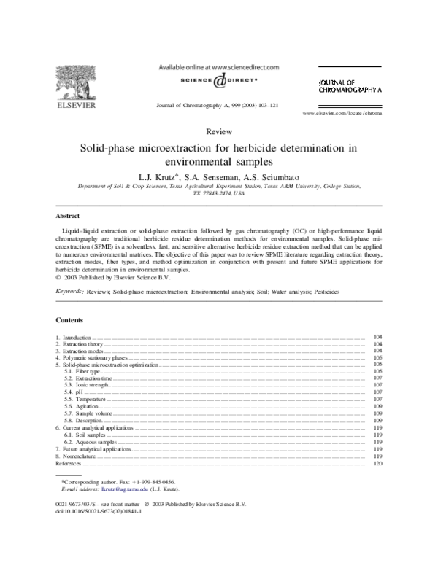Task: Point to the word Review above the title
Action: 218,131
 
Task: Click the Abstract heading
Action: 68,217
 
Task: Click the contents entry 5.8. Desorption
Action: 78,421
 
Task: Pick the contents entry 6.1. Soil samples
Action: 80,435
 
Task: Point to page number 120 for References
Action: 377,463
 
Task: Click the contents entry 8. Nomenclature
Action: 77,456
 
